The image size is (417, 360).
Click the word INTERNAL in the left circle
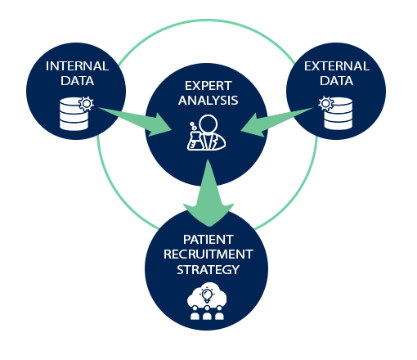coord(78,66)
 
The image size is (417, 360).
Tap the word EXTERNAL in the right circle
coord(337,66)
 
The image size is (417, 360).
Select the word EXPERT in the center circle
coord(208,86)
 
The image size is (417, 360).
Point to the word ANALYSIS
coord(208,101)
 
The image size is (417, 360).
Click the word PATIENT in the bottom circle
coord(208,240)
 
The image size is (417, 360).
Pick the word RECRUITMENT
coord(208,254)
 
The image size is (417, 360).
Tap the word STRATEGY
coord(208,270)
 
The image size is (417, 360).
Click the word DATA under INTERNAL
coord(78,81)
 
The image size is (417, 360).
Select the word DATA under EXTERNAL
coord(337,81)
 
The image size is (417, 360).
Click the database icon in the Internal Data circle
coord(74,114)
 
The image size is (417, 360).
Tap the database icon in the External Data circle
coord(339,114)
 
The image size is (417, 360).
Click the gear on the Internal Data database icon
coord(87,104)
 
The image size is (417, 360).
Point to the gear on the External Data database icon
coord(325,103)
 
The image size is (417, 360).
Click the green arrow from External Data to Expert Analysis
coord(277,122)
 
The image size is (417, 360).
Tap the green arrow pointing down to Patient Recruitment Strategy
coord(208,193)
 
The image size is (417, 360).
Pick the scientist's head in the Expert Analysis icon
coord(208,124)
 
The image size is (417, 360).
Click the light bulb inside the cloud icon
coord(207,295)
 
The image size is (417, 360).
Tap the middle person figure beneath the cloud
coord(207,313)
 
